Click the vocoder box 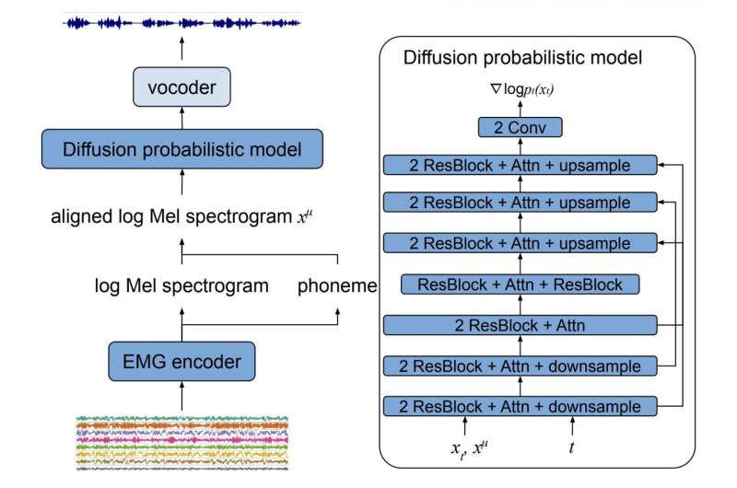tap(181, 88)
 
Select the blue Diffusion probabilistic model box tap(181, 150)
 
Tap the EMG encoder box tap(181, 362)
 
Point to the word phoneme tap(337, 286)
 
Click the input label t tap(574, 449)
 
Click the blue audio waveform tap(181, 20)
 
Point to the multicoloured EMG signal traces tap(181, 443)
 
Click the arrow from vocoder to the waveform tap(181, 52)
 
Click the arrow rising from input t tap(574, 426)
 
